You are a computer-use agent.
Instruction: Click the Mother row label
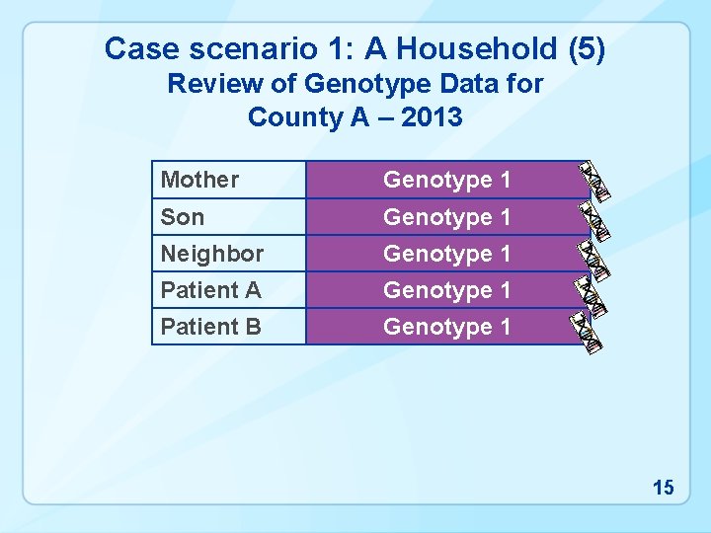199,180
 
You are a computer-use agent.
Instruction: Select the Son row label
183,216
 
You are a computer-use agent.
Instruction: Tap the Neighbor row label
212,254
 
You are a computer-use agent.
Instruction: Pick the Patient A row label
210,290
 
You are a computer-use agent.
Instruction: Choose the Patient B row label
210,327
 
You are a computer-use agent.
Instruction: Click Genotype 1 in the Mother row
446,180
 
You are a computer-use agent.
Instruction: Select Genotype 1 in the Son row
446,216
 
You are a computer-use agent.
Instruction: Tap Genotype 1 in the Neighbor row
446,254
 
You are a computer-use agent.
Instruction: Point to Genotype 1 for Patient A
446,290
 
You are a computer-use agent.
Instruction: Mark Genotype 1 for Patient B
446,327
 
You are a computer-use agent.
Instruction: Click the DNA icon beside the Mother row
594,181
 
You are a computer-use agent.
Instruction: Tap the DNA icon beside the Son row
594,219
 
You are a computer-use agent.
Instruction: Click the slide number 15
663,487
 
